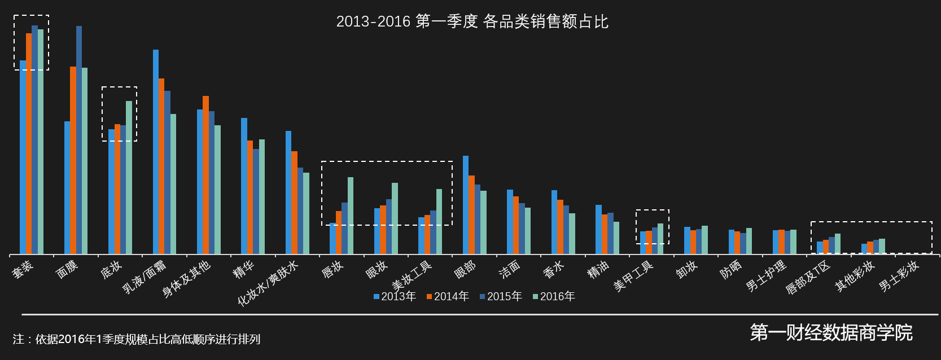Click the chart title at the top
472,21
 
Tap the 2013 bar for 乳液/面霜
156,152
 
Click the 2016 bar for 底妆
129,177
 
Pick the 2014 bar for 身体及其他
205,175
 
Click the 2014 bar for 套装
29,143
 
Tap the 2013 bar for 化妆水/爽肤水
288,192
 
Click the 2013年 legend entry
395,296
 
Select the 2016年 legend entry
554,296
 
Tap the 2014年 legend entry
448,296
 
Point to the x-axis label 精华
244,269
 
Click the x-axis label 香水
554,269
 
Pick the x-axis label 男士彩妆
899,275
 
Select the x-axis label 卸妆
687,269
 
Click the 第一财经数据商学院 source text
831,332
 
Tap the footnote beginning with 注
137,339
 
